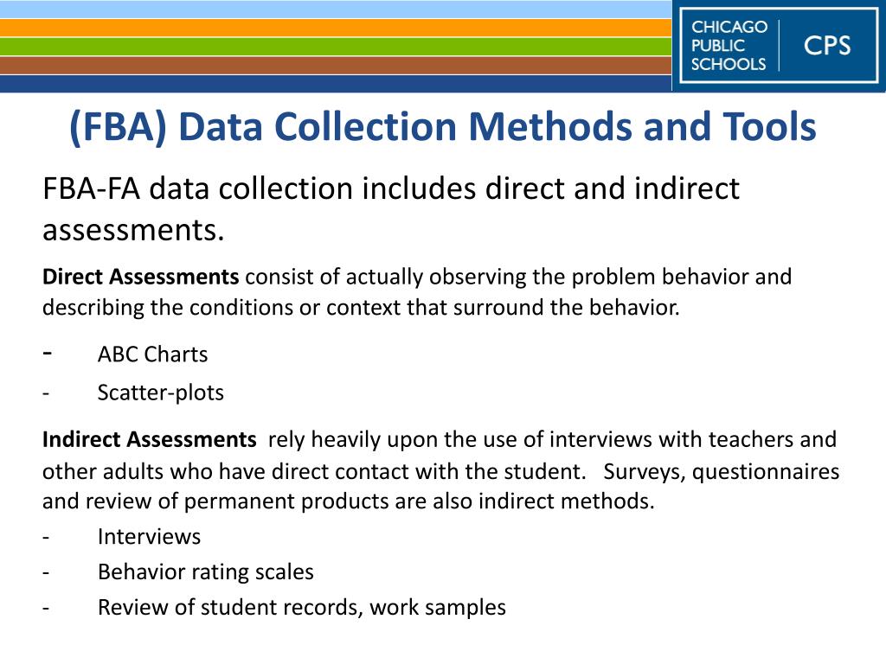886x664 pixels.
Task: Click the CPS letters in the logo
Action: [x=827, y=45]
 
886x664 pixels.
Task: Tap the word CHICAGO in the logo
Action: [x=729, y=27]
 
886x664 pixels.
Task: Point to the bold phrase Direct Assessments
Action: [x=140, y=277]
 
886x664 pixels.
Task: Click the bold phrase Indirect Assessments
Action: [x=149, y=439]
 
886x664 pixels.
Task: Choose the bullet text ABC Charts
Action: [x=152, y=354]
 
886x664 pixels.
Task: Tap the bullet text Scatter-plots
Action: [x=160, y=393]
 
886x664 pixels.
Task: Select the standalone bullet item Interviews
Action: [x=149, y=537]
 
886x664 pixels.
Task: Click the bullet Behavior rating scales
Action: [x=205, y=572]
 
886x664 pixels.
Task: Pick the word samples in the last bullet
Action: [x=468, y=608]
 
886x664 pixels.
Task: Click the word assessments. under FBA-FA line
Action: [x=133, y=231]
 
